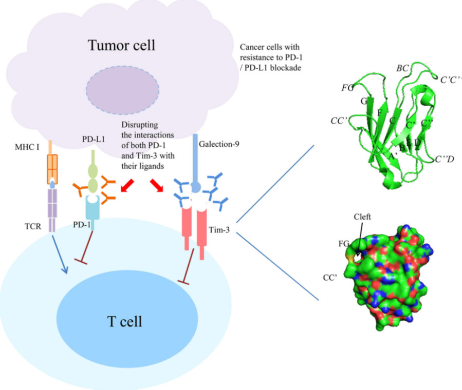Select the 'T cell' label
(124, 322)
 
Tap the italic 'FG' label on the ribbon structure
(347, 88)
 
